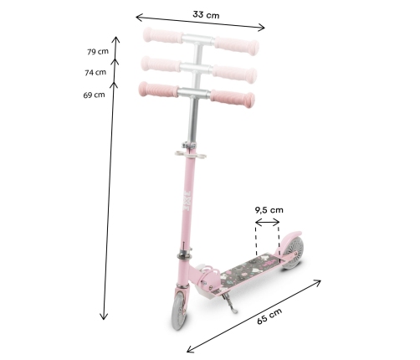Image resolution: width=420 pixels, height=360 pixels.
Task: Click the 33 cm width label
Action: tap(206, 14)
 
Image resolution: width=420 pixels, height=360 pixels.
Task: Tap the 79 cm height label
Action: tap(98, 52)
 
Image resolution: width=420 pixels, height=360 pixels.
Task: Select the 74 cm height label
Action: tap(95, 72)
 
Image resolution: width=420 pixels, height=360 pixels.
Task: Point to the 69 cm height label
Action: tap(94, 95)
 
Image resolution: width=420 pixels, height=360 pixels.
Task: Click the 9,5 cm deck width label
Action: tap(269, 210)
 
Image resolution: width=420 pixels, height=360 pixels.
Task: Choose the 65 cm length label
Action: tap(269, 316)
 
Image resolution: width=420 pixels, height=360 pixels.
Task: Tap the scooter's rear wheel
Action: tap(293, 253)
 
